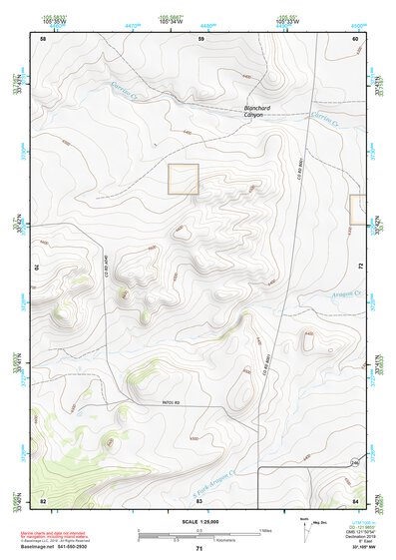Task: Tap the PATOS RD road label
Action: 176,403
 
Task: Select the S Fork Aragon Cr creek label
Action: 212,481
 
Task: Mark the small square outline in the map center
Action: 184,179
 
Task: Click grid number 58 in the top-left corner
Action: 43,38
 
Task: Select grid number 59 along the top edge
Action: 200,38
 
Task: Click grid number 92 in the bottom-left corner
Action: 43,499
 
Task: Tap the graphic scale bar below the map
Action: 198,534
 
